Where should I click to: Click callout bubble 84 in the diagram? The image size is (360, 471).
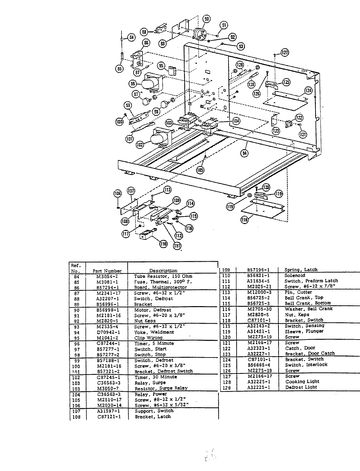131,38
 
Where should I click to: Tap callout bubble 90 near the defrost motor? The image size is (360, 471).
207,19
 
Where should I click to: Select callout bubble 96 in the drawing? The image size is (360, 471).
133,84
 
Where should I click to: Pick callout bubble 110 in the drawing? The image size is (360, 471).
163,243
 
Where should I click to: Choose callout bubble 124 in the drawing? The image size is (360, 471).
308,90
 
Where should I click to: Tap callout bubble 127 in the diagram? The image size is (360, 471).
285,52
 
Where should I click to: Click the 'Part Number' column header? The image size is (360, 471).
107,271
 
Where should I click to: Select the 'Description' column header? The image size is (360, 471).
163,270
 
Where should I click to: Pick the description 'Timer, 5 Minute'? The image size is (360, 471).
154,343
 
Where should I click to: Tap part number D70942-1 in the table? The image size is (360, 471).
108,332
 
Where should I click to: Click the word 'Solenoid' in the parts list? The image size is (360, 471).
295,275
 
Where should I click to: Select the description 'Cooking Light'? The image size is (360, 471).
302,381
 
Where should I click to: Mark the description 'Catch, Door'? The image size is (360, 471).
300,348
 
